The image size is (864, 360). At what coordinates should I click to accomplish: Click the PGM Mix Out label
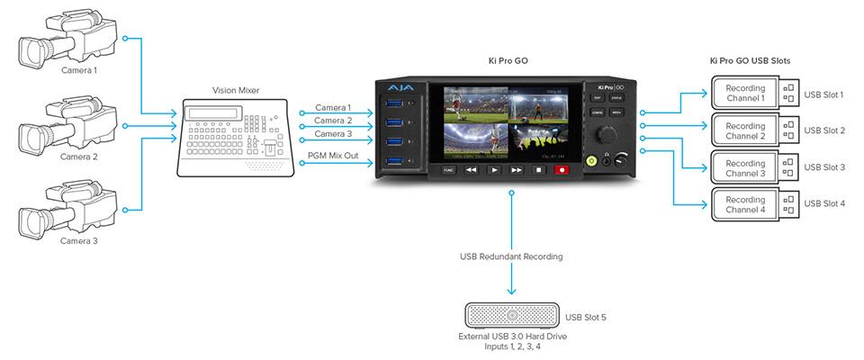[332, 154]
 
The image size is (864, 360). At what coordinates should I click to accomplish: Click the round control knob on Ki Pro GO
[607, 134]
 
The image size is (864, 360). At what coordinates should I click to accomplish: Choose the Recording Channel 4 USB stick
[755, 204]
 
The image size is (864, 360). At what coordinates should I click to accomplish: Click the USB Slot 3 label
[823, 167]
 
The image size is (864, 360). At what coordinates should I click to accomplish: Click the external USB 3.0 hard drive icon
[511, 316]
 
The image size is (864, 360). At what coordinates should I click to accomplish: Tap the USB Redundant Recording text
[510, 257]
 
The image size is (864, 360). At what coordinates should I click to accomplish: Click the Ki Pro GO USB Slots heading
[756, 61]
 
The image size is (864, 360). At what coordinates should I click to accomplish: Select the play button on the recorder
[493, 169]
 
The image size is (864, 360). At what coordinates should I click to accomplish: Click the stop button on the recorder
[539, 169]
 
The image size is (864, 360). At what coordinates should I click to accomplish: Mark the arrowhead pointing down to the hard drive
[511, 291]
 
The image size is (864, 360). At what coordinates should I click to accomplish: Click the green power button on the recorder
[591, 159]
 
